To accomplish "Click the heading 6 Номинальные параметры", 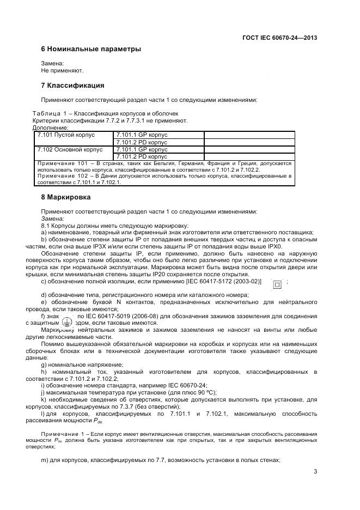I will [x=91, y=49].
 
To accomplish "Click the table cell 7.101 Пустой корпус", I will [x=66, y=135].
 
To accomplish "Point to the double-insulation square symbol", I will [x=277, y=283].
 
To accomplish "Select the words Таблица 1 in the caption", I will [x=52, y=113].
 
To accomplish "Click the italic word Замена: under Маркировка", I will [x=52, y=218].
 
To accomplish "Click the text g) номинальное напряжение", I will [x=74, y=364].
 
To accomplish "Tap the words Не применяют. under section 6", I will [x=62, y=70].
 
